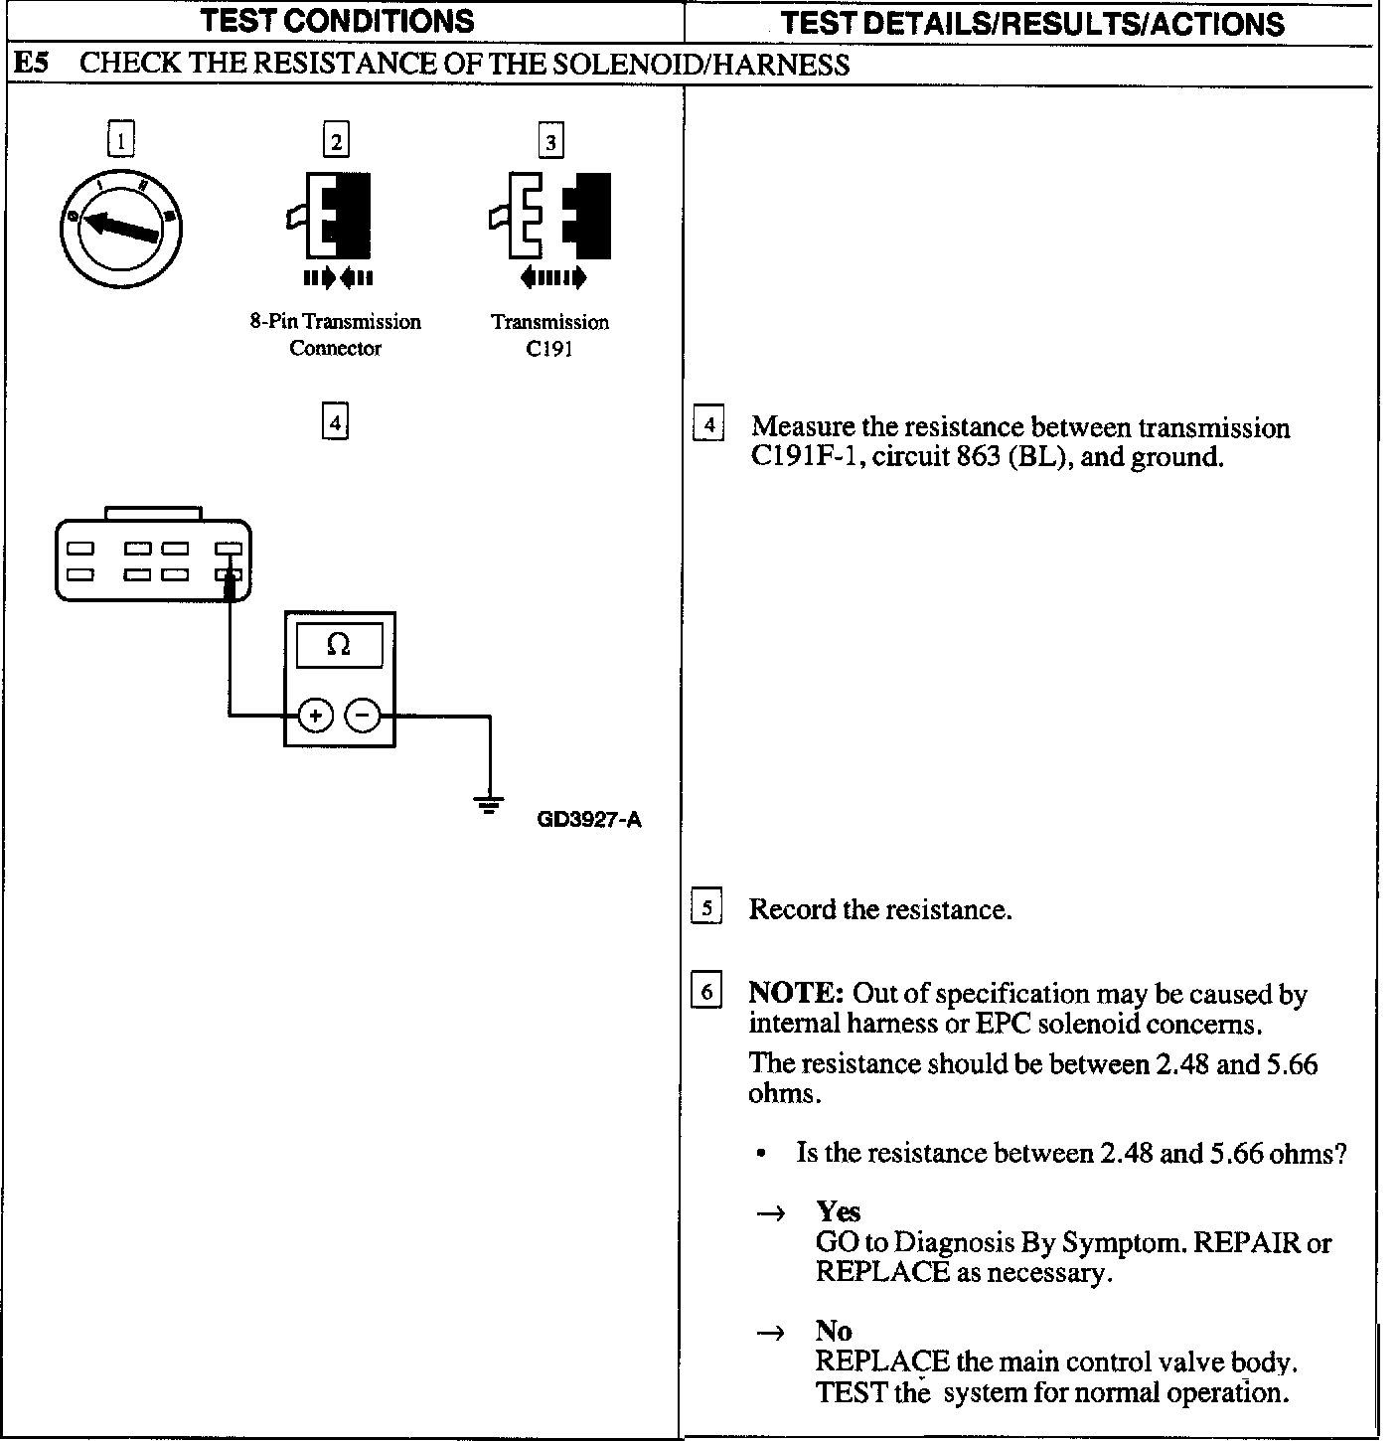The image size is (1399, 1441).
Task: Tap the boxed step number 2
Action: coord(336,140)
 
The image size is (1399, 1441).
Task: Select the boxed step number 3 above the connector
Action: coord(550,140)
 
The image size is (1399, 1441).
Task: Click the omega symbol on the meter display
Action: coord(339,646)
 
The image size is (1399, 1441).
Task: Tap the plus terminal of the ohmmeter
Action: coord(315,715)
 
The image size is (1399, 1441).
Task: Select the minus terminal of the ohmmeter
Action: coord(363,715)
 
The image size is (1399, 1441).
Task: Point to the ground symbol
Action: coord(488,804)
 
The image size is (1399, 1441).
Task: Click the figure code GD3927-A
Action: coord(589,821)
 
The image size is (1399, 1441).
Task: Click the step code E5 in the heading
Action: coord(31,65)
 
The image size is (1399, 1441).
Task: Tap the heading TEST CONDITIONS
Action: coord(338,21)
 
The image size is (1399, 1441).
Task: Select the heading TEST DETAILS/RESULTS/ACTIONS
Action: coord(1032,23)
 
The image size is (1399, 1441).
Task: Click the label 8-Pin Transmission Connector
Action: coord(335,335)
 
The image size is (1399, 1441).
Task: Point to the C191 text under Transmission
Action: coord(549,349)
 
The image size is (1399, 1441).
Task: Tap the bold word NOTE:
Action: coord(796,994)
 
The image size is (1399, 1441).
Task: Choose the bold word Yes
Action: coord(839,1211)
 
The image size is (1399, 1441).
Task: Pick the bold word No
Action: coord(834,1331)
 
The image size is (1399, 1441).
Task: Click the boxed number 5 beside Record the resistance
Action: coord(706,908)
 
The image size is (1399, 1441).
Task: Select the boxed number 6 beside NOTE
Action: coord(706,992)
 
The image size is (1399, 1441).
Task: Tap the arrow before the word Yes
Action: coord(771,1213)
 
